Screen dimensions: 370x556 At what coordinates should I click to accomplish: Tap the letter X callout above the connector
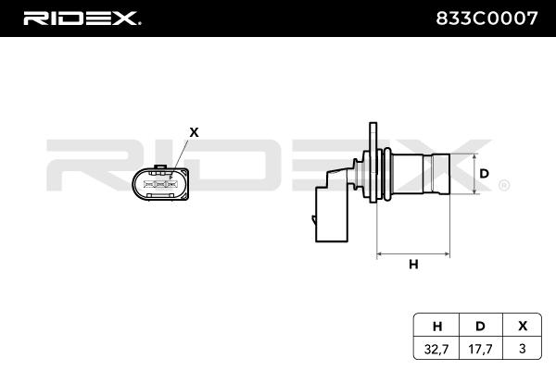[194, 132]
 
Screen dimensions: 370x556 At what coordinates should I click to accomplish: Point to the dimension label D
[484, 173]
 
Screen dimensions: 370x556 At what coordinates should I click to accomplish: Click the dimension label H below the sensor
[413, 265]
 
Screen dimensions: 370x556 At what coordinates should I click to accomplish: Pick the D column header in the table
[480, 325]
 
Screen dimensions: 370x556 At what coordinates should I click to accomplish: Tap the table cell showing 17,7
[480, 349]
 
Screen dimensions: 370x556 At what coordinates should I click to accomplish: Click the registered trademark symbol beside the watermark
[503, 186]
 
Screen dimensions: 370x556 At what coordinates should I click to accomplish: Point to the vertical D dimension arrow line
[474, 173]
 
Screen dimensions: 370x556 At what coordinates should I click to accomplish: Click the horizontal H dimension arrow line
[413, 252]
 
